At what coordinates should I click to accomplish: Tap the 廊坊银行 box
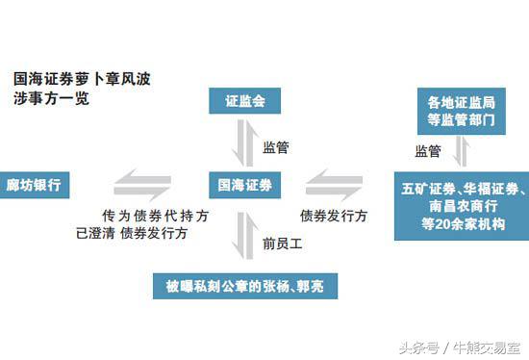click(38, 184)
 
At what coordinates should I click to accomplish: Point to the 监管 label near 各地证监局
click(427, 151)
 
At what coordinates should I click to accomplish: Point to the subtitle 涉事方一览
click(52, 99)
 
